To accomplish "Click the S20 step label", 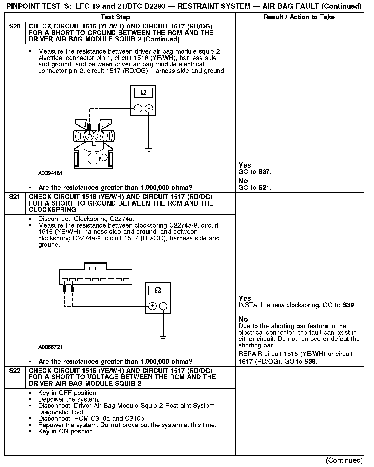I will click(x=15, y=26).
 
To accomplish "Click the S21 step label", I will click(x=15, y=197).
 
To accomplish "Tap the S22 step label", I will click(x=15, y=371).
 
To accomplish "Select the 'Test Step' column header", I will click(x=115, y=17).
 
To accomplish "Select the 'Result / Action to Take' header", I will click(x=299, y=17).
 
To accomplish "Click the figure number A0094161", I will click(x=50, y=173).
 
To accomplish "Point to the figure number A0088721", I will click(x=50, y=347).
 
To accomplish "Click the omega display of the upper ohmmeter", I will click(x=143, y=93).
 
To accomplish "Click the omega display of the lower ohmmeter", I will click(x=158, y=290).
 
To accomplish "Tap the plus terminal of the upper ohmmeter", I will click(x=138, y=108).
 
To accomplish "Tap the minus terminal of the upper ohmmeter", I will click(x=149, y=108).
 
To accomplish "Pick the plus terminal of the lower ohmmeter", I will click(x=153, y=306).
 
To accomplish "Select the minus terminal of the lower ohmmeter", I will click(x=163, y=306).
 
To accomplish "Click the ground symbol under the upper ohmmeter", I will click(x=149, y=150).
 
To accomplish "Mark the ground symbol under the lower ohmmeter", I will click(x=163, y=338).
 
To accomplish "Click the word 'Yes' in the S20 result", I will click(x=245, y=165).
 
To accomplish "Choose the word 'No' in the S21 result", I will click(x=243, y=319).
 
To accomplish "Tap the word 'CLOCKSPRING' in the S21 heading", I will click(x=52, y=210).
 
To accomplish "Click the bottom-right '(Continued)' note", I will click(x=344, y=461).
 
